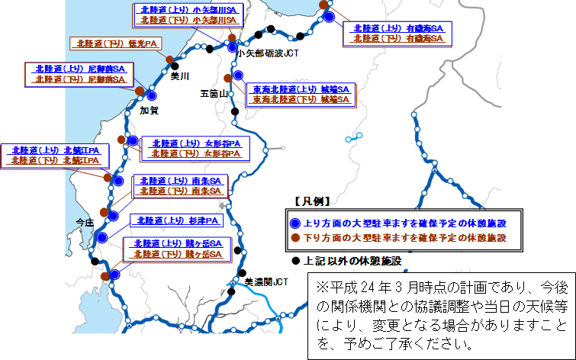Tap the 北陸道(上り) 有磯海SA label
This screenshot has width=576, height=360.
point(397,27)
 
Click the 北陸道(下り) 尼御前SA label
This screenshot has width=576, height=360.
point(79,79)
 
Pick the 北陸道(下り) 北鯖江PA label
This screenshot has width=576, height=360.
point(55,160)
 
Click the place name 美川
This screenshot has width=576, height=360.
point(179,76)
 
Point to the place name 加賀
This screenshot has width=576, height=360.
point(149,111)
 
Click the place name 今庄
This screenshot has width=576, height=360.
point(83,222)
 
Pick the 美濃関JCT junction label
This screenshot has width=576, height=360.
point(267,281)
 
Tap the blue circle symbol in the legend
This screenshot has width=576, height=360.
point(296,223)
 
